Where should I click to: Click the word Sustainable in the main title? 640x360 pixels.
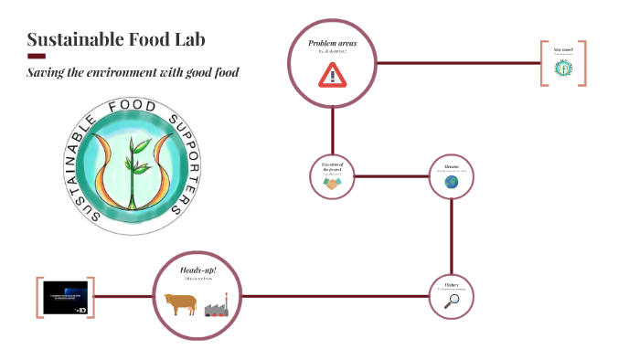[x=70, y=39]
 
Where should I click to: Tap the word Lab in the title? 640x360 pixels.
[x=189, y=39]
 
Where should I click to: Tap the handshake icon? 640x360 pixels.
[x=331, y=184]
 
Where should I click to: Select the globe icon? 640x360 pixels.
[x=452, y=182]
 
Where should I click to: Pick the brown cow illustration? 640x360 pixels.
[x=180, y=303]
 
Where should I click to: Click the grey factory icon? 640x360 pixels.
[x=216, y=308]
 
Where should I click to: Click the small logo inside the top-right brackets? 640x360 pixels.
[x=563, y=67]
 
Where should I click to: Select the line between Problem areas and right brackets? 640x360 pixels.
[x=457, y=63]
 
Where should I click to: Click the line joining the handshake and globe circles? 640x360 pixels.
[x=391, y=176]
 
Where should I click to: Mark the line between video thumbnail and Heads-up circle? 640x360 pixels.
[x=123, y=296]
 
